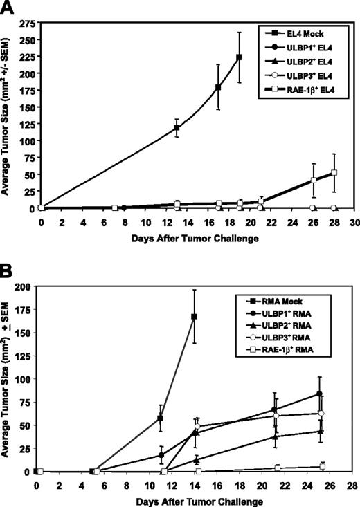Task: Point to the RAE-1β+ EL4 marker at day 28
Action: pyautogui.click(x=334, y=173)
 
